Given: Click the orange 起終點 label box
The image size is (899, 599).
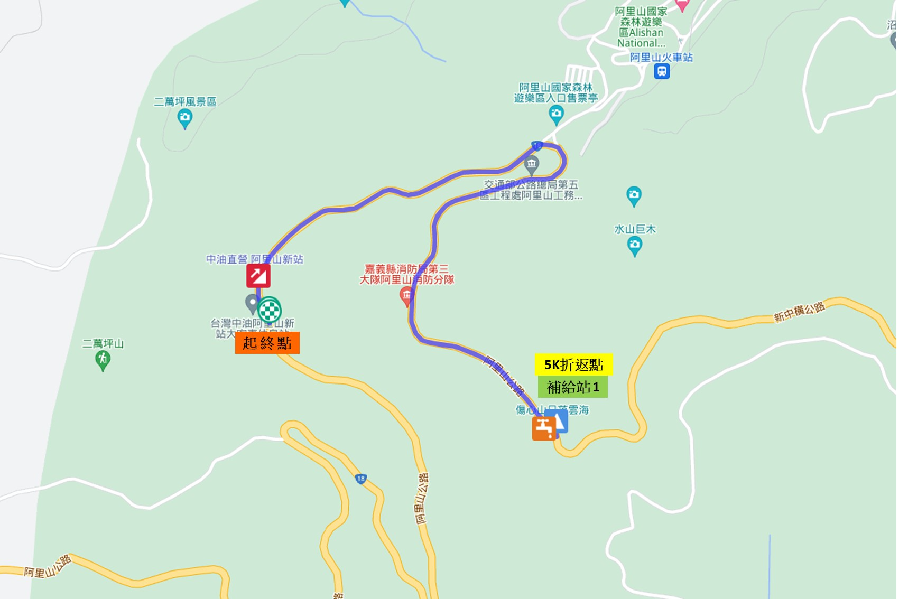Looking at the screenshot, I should click(267, 343).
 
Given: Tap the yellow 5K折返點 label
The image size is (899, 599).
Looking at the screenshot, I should click(573, 364).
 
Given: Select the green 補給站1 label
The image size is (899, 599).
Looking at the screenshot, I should click(572, 387).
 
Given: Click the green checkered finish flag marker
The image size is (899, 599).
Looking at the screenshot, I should click(270, 310).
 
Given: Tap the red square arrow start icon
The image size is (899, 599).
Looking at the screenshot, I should click(258, 276).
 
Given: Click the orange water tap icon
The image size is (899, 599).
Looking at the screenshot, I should click(543, 428).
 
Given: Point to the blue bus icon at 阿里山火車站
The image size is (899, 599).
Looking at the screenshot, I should click(661, 71).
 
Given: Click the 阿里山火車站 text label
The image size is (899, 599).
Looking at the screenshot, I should click(661, 57).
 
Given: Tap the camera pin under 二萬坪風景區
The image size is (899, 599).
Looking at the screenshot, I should click(185, 118).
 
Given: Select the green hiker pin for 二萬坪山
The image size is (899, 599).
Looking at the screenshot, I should click(103, 360).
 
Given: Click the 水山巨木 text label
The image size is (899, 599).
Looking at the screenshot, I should click(635, 229).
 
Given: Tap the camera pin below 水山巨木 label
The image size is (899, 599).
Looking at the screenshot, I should click(634, 246).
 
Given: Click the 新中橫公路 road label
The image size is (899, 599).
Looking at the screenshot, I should click(799, 312).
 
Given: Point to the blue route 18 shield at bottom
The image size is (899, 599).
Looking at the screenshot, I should click(360, 479).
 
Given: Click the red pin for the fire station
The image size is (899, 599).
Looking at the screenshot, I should click(406, 296).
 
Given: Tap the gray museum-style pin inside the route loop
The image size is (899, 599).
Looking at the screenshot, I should click(532, 165).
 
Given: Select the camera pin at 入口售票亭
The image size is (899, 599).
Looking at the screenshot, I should click(556, 114).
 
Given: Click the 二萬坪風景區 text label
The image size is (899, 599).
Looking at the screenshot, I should click(185, 101).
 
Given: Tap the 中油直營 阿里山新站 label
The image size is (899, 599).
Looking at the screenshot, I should click(254, 259).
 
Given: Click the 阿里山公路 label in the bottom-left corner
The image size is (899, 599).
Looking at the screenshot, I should click(48, 566).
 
